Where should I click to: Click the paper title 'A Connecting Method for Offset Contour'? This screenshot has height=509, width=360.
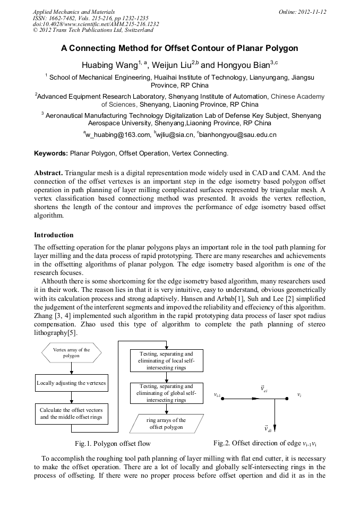pyautogui.click(x=179, y=48)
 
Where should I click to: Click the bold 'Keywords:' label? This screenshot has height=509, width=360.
pyautogui.click(x=51, y=153)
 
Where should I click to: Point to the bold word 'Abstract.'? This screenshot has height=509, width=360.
pyautogui.click(x=49, y=173)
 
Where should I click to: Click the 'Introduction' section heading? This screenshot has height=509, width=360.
pyautogui.click(x=54, y=235)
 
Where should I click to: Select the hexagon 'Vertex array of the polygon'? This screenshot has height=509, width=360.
pyautogui.click(x=71, y=352)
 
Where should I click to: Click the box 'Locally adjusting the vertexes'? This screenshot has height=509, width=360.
pyautogui.click(x=71, y=383)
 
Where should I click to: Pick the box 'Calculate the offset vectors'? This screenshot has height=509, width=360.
pyautogui.click(x=71, y=413)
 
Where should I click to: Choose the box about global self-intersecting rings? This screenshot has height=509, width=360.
pyautogui.click(x=166, y=393)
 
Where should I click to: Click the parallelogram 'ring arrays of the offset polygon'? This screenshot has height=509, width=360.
pyautogui.click(x=166, y=423)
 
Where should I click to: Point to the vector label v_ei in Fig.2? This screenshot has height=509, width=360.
pyautogui.click(x=264, y=390)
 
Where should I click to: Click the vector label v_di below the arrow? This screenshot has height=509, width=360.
pyautogui.click(x=268, y=428)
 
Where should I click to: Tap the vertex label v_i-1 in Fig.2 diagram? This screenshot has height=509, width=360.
pyautogui.click(x=218, y=396)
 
